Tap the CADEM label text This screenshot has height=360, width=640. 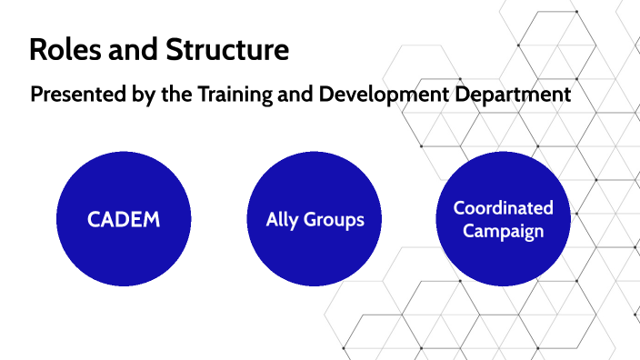click(125, 220)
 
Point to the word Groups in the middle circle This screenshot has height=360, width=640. click(334, 220)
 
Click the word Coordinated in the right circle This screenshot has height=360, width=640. click(503, 208)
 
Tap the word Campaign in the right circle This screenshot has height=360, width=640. click(503, 231)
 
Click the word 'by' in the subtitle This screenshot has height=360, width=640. click(150, 95)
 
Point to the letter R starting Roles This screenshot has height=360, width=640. click(38, 49)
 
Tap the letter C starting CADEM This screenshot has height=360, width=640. click(94, 220)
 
